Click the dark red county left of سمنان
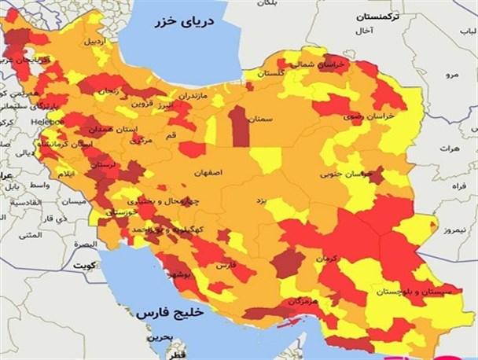[239, 127]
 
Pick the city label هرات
[449, 148]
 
